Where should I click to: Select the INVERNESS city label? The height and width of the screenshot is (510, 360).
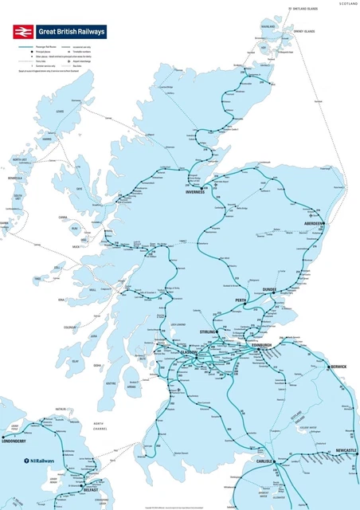(x=196, y=192)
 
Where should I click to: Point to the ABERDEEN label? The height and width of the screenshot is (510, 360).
(x=313, y=225)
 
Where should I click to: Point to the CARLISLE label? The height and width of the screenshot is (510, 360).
(x=264, y=461)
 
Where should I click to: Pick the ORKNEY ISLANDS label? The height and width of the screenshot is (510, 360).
(x=303, y=31)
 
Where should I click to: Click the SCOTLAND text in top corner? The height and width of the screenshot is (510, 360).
(x=348, y=4)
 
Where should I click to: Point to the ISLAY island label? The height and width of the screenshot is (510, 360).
(x=76, y=361)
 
